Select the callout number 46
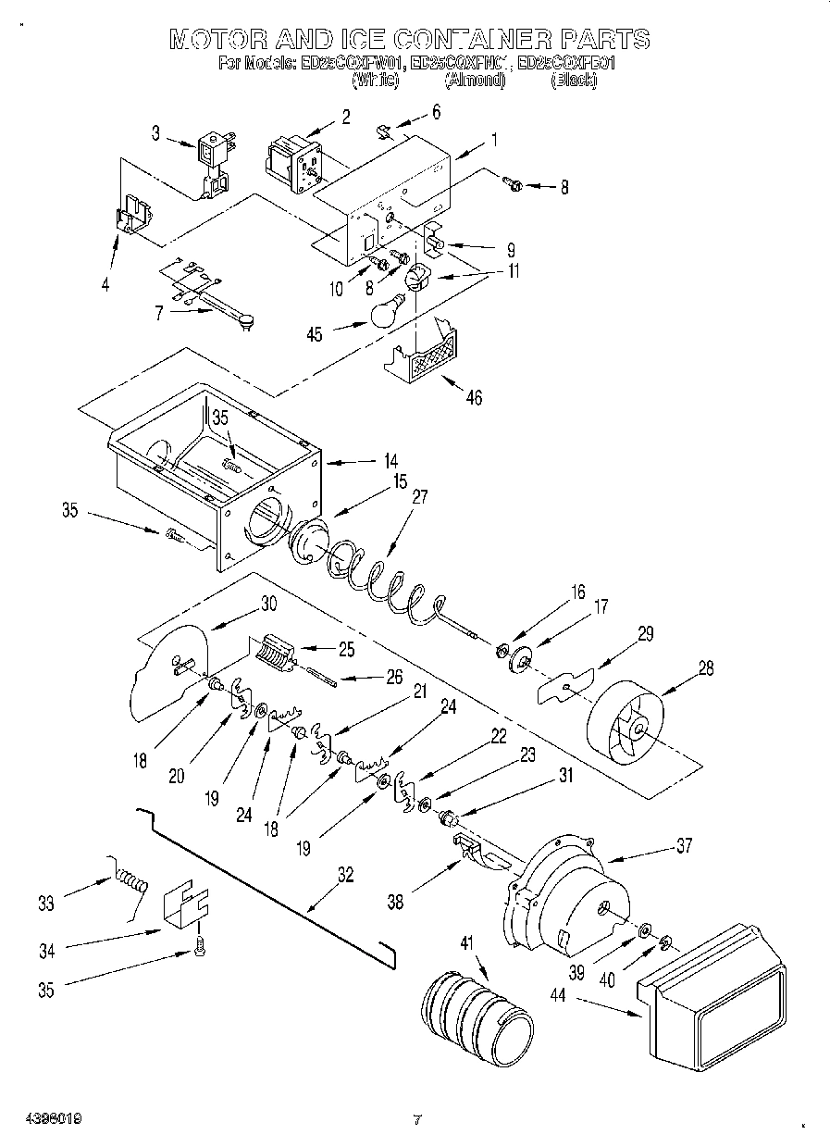[x=474, y=399]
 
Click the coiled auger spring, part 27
[x=379, y=581]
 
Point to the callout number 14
[x=391, y=459]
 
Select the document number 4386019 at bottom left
[x=43, y=1118]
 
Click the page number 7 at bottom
[x=417, y=1120]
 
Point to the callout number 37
[x=684, y=844]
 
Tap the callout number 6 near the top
[x=436, y=111]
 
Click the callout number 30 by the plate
[x=268, y=602]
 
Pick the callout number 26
[x=394, y=677]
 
